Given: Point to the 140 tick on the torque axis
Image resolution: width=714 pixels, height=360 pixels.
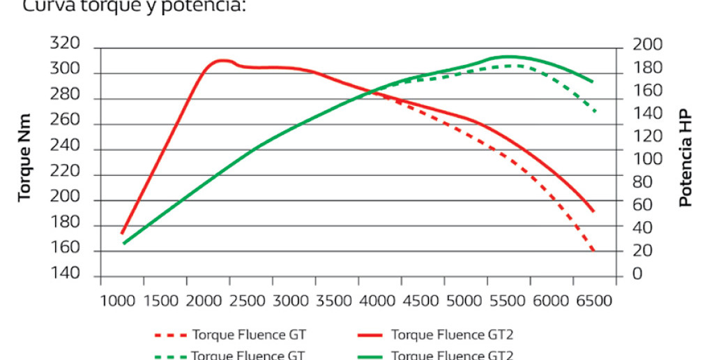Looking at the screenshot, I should click(x=66, y=275).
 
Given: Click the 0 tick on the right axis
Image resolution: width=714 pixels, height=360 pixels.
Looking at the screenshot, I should click(x=637, y=275).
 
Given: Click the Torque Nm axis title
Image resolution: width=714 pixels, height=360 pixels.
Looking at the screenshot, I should click(x=25, y=158).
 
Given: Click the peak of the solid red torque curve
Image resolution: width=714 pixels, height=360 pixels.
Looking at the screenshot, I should click(x=222, y=61).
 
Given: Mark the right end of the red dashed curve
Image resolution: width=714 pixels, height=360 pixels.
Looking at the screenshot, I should click(x=593, y=251).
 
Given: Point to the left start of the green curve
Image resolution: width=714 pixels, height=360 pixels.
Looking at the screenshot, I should click(x=123, y=243).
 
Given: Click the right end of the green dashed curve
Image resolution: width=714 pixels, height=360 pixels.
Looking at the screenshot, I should click(x=595, y=112).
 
